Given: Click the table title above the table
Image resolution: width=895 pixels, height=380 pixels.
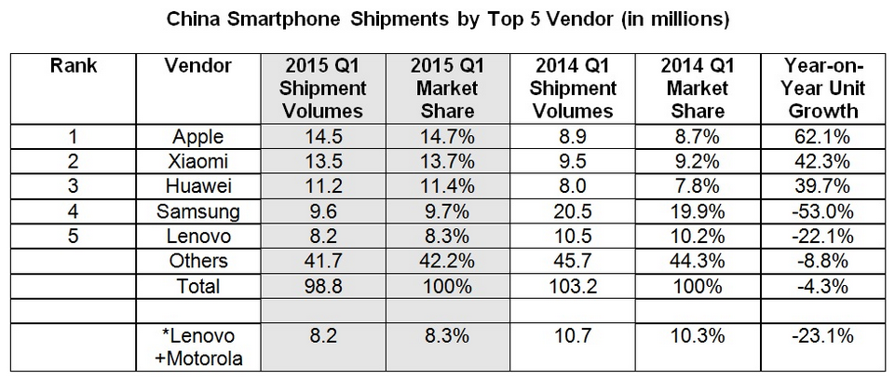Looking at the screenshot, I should (448, 19).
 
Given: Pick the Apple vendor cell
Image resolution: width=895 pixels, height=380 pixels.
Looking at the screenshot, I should (197, 138).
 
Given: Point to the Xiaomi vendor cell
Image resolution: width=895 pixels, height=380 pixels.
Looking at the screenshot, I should (197, 160).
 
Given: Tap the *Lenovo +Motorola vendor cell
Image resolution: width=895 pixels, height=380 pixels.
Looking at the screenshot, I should (197, 346).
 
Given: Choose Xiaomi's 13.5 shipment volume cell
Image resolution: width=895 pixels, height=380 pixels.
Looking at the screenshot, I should (323, 160).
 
